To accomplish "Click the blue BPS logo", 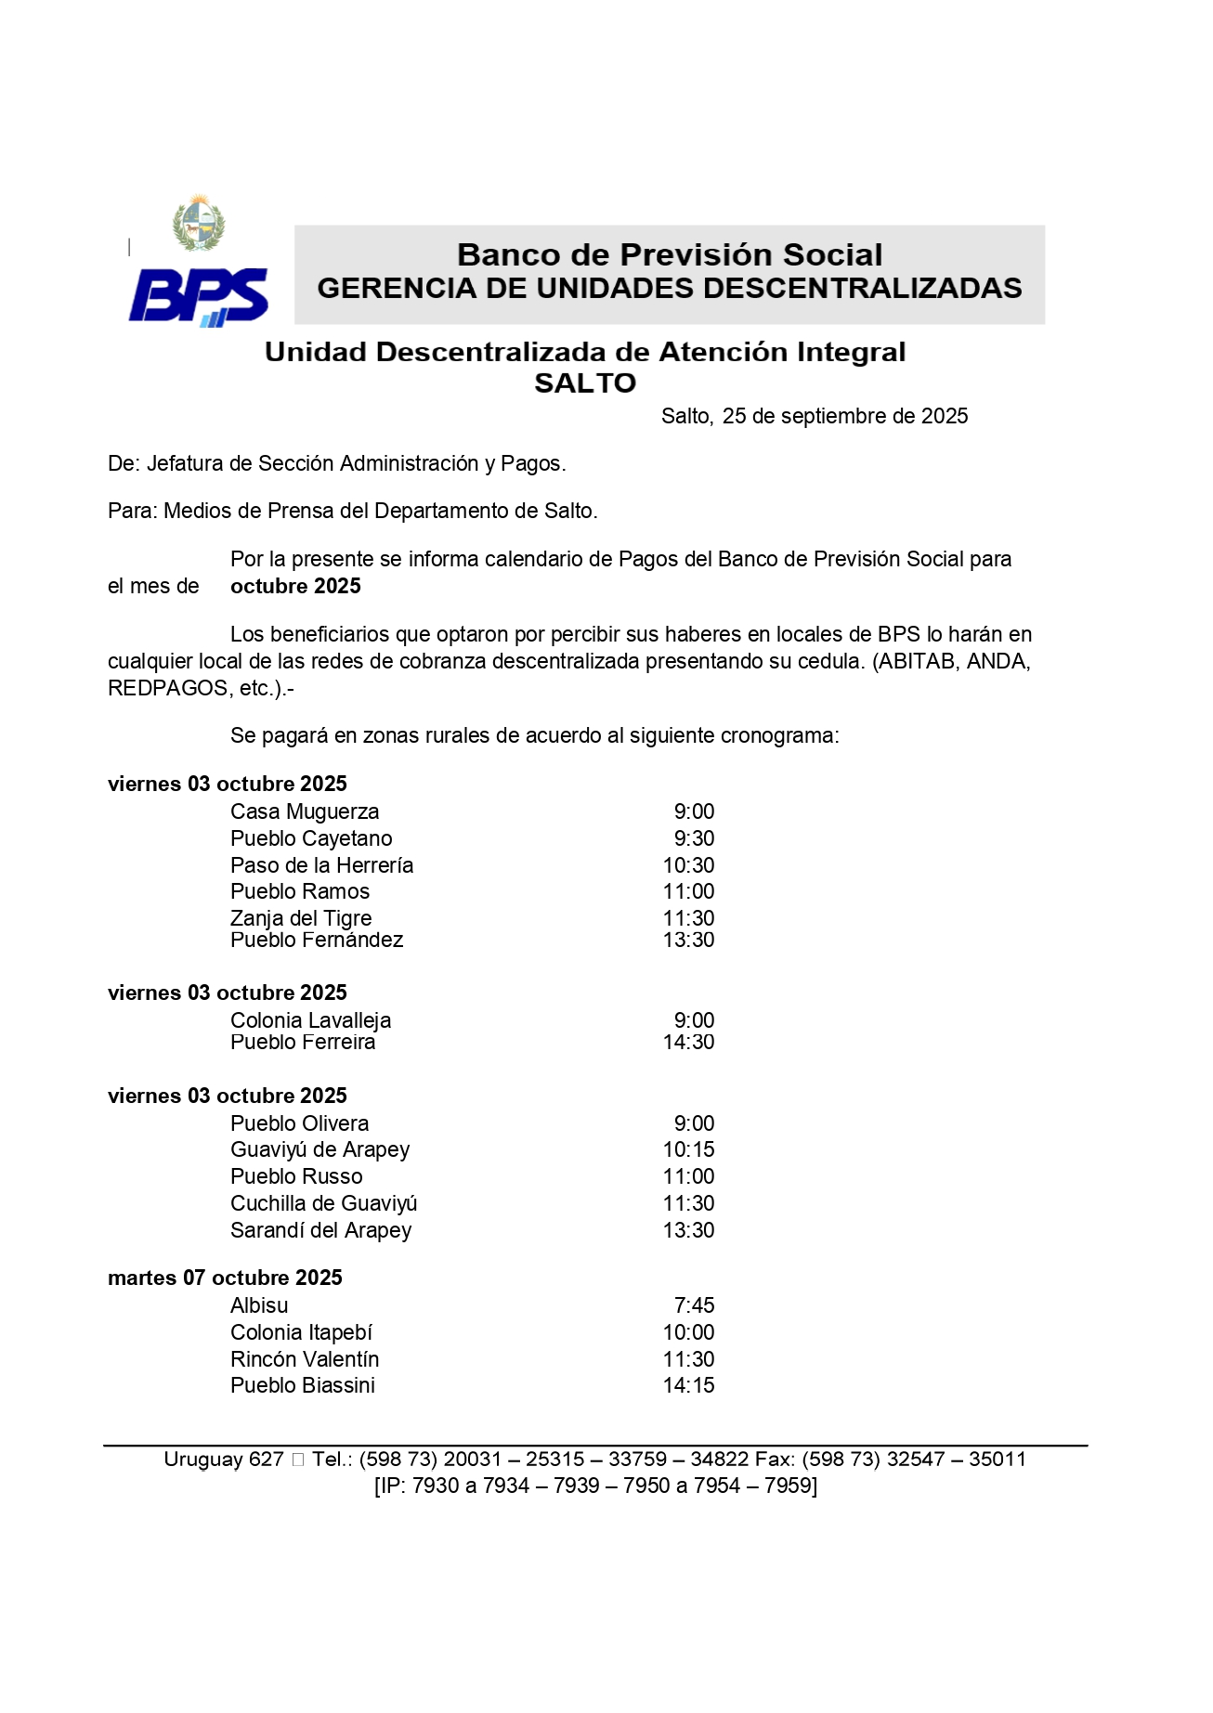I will point(199,296).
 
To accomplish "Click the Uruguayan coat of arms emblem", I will point(199,223).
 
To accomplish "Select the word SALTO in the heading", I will point(585,383).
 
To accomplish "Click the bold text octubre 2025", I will point(295,586).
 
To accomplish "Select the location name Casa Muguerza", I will point(305,811).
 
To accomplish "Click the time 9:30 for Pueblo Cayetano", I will point(694,838).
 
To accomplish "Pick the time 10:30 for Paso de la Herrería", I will point(688,865).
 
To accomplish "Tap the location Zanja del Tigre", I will point(301,918).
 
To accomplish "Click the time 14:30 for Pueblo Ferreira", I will point(688,1042).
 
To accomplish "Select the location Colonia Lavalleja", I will point(310,1020).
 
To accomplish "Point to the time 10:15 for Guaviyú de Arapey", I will point(688,1149).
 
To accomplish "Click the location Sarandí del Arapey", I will point(320,1230).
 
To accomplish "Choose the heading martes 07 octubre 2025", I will point(225,1278).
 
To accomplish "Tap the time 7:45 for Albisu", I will point(694,1305).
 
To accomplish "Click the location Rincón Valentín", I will point(305,1359).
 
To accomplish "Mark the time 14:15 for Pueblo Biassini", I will point(688,1385).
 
